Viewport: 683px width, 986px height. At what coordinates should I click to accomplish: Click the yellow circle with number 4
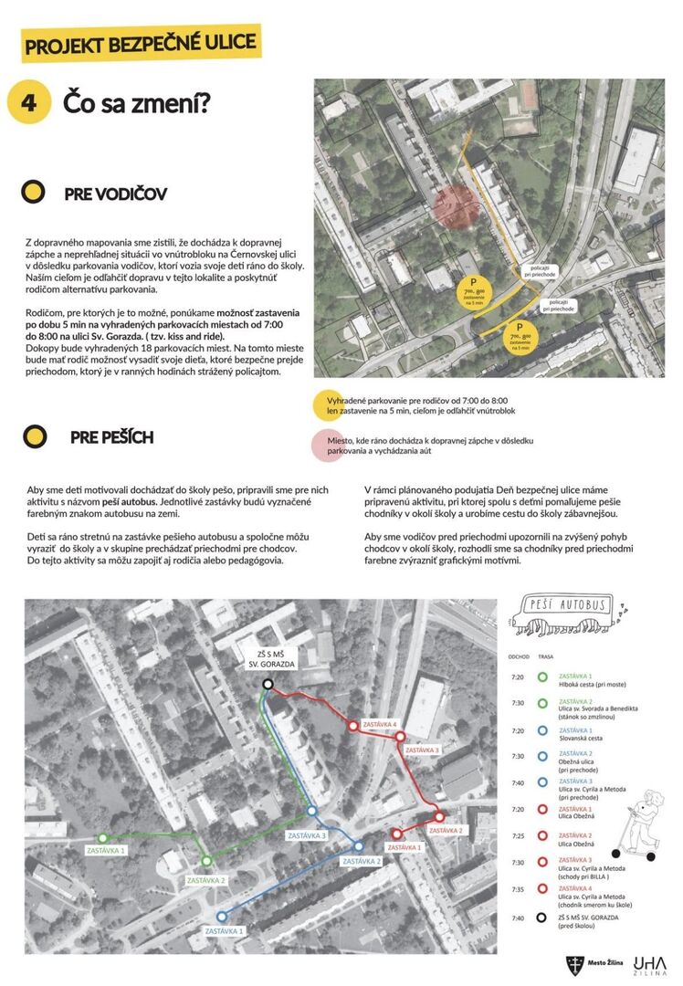(x=29, y=100)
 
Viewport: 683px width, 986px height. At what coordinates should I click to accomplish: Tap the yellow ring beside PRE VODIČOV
(x=34, y=193)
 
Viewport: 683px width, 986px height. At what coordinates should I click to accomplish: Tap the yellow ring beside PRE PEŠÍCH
(x=34, y=436)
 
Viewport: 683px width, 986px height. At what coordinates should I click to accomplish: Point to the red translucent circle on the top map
(x=457, y=206)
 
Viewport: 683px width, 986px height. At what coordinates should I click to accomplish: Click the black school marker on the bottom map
(x=268, y=684)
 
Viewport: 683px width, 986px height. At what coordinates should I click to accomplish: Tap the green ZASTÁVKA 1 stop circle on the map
(x=102, y=837)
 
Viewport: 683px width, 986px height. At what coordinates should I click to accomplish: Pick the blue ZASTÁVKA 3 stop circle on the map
(x=311, y=811)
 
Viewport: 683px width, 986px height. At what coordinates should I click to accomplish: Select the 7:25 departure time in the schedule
(x=518, y=836)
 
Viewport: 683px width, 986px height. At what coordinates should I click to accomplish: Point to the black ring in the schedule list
(x=542, y=918)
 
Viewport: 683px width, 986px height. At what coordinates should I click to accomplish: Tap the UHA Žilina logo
(x=650, y=962)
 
